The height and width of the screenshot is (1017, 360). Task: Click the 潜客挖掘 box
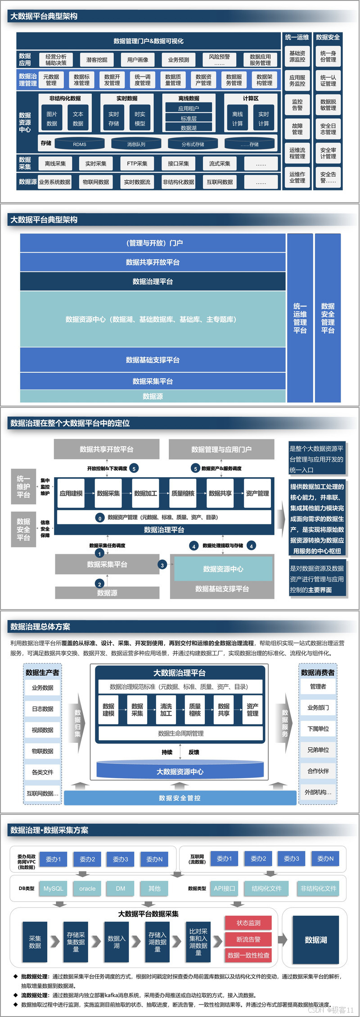97,60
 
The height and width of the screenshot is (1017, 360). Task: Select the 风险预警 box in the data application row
219,60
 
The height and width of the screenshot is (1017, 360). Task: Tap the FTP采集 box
137,164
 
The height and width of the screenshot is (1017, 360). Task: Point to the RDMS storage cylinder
80,144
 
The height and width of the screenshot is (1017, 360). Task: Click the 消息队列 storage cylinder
136,144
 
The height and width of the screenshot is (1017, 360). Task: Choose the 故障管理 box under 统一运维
297,129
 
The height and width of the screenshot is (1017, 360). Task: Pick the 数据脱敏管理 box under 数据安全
328,105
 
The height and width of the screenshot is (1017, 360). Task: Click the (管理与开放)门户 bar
153,243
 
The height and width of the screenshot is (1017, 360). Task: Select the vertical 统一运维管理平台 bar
300,318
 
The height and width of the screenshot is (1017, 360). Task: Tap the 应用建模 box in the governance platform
71,493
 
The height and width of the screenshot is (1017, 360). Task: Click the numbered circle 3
162,565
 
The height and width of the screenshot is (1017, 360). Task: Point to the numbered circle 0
100,518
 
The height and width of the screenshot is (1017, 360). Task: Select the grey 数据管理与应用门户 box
221,449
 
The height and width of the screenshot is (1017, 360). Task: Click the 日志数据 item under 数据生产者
43,709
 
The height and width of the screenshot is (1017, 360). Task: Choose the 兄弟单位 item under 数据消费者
318,750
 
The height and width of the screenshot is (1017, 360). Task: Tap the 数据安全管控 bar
180,798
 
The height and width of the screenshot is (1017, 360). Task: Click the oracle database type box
87,889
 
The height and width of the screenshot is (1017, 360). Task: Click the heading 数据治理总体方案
40,627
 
